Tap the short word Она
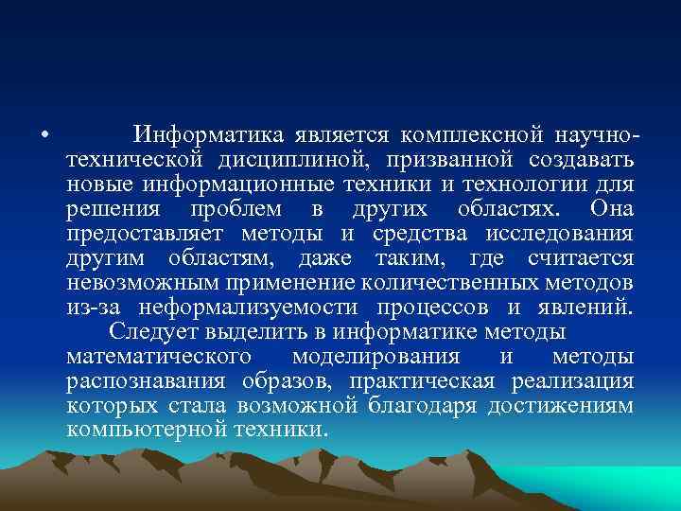[x=611, y=207]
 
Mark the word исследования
[x=567, y=233]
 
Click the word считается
[x=575, y=257]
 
